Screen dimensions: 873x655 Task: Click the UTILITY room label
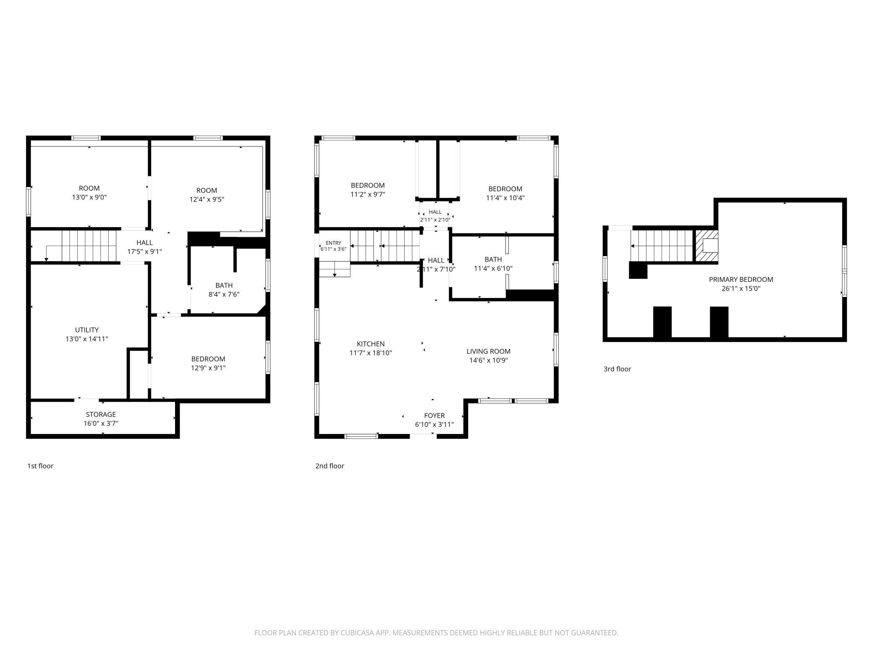[x=87, y=330]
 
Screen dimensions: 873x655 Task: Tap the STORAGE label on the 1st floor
[x=101, y=414]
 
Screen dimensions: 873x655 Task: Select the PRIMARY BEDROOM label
[x=741, y=280]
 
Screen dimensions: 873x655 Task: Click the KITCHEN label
[x=371, y=344]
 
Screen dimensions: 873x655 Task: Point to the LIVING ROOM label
[x=489, y=351]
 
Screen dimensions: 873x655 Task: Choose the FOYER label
[x=434, y=416]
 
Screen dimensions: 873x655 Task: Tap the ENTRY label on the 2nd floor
[x=334, y=243]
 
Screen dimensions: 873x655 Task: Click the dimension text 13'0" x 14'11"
[x=87, y=339]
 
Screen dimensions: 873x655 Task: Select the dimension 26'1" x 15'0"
[x=741, y=288]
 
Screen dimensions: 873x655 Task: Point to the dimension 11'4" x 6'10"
[x=493, y=268]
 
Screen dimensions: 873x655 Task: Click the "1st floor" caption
[x=40, y=466]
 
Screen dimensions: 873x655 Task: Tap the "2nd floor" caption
[x=330, y=466]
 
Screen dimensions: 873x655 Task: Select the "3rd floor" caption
[x=617, y=369]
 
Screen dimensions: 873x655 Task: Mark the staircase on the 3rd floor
[x=661, y=245]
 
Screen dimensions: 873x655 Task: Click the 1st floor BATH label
[x=224, y=286]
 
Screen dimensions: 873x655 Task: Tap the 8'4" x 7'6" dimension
[x=224, y=294]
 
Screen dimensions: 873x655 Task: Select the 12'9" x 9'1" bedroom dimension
[x=208, y=368]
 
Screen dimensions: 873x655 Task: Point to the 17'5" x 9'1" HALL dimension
[x=144, y=252]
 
